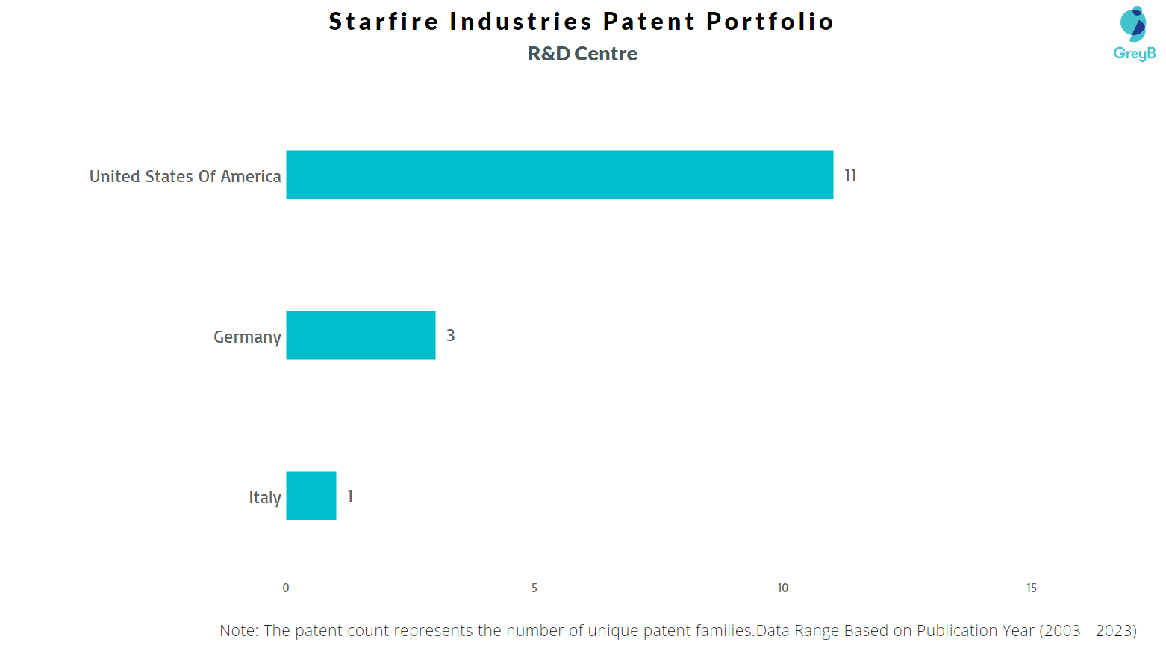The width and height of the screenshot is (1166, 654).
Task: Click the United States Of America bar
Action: (560, 175)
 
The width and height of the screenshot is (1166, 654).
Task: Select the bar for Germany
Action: (361, 335)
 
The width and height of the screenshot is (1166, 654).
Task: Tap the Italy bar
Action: (311, 496)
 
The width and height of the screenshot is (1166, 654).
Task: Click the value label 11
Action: (850, 175)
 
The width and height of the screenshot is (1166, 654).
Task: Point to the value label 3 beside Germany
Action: (451, 335)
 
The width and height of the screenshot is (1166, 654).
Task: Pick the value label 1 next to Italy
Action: (350, 496)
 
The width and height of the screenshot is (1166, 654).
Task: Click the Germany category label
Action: (247, 337)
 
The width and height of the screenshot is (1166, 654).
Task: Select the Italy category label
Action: (265, 497)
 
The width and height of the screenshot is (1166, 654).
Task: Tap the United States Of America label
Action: (185, 176)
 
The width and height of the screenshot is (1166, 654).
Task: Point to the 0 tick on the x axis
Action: (286, 588)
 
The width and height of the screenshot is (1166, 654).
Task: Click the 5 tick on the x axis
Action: (534, 588)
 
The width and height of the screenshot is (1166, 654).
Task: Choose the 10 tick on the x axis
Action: (783, 588)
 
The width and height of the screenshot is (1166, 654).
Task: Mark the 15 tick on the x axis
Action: (1032, 588)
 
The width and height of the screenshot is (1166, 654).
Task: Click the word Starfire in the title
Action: (384, 22)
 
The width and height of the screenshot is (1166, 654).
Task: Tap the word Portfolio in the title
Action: (770, 22)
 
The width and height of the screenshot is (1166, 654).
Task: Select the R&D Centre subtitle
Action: (582, 54)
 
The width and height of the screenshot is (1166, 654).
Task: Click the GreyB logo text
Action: (1135, 53)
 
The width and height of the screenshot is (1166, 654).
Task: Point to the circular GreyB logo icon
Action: (1132, 24)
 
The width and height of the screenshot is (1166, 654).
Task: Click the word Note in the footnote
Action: (239, 631)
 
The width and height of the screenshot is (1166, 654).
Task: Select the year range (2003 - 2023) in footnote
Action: (1088, 631)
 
